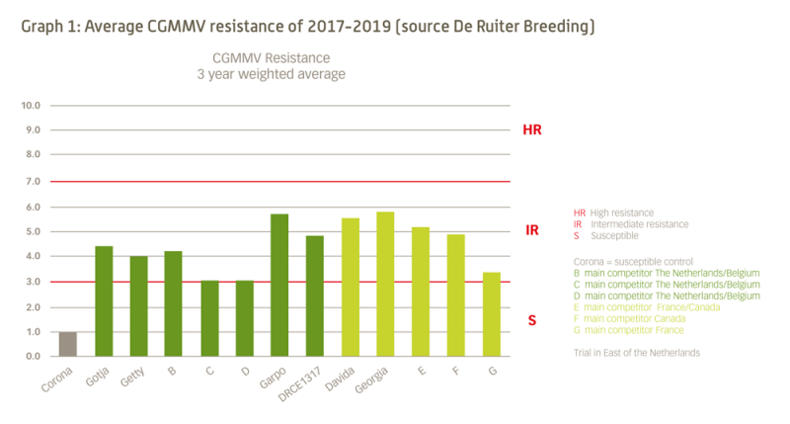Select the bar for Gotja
point(103,301)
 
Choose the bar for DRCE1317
point(315,296)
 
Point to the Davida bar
point(351,287)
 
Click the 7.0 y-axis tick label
point(31,182)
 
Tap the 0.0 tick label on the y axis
point(31,356)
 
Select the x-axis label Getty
point(131,380)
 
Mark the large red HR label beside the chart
point(532,129)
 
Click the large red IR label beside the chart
point(532,230)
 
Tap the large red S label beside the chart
point(532,320)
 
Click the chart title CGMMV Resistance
point(272,57)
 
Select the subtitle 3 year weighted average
point(272,74)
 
